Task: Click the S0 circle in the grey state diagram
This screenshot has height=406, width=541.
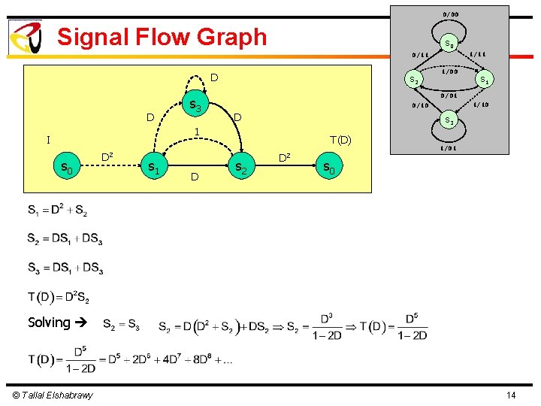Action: pos(449,44)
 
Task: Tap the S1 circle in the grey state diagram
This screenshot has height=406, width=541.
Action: pos(485,79)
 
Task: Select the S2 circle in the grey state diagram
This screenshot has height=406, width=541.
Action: pos(412,79)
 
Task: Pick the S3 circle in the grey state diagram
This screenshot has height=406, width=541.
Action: pos(449,120)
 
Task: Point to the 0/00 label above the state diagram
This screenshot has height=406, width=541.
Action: pos(451,14)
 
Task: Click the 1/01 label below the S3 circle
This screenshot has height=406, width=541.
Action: pos(449,147)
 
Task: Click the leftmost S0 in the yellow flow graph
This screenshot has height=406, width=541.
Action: pos(68,168)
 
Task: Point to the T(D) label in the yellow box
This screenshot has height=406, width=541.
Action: pos(340,139)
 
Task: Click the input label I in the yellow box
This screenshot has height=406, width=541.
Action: pos(47,140)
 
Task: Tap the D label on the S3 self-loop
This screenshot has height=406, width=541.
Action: pos(214,77)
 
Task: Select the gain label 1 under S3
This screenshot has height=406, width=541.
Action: pos(196,132)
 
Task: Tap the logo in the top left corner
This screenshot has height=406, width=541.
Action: pos(26,37)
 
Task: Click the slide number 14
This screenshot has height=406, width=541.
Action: pos(511,395)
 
